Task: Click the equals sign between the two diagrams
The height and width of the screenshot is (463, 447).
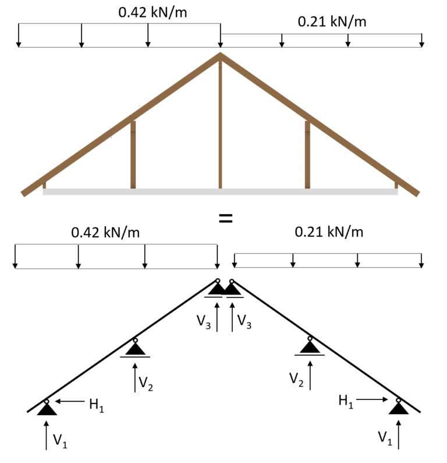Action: pos(225,219)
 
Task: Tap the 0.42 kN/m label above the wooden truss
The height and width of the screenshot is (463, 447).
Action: pos(152,12)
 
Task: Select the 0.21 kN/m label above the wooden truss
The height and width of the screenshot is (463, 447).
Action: pos(332,22)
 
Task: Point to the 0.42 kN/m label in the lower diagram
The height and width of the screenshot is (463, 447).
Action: pos(105,232)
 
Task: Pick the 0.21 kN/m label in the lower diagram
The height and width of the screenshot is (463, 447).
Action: pos(329,232)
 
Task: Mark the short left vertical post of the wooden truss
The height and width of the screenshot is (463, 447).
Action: pos(133,155)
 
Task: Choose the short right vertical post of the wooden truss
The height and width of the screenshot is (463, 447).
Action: pos(307,155)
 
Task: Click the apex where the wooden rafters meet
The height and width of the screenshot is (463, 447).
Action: pos(220,55)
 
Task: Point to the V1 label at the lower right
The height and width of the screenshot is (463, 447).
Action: pos(384,438)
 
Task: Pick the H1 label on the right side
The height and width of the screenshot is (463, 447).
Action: pos(346,401)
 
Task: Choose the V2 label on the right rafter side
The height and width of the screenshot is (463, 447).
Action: pos(297,378)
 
